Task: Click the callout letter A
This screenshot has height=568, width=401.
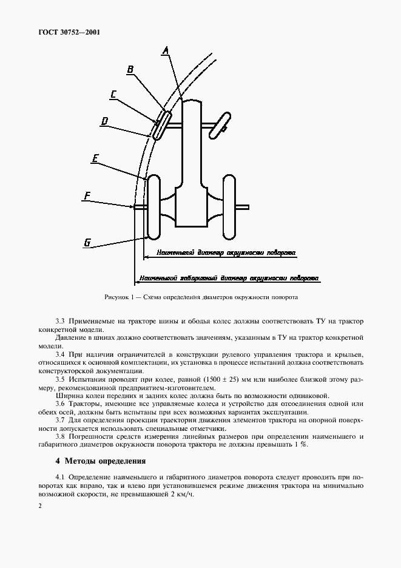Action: pos(165,52)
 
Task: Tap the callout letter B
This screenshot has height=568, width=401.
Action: pos(130,70)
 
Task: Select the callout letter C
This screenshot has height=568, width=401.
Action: pos(113,94)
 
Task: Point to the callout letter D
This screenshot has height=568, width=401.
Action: pos(104,121)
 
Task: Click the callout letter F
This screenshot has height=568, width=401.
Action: pos(87,195)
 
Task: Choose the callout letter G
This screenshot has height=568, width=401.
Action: pos(87,243)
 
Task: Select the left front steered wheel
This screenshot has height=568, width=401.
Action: pos(161,124)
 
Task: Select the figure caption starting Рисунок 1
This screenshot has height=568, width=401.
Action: pos(201,297)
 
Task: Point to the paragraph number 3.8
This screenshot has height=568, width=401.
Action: pos(60,436)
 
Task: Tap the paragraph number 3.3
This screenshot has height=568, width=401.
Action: pos(60,320)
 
